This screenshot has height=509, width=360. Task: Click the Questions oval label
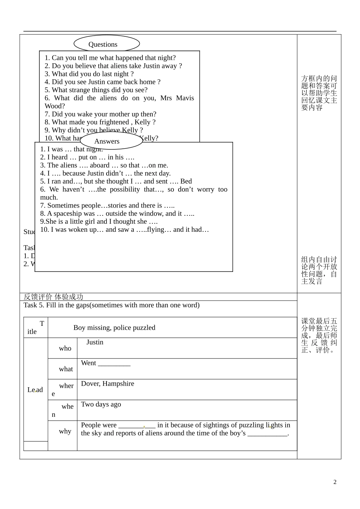click(103, 44)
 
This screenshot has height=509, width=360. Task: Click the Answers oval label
click(107, 141)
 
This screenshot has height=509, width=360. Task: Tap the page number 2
click(335, 482)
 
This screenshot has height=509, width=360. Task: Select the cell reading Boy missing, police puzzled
click(114, 328)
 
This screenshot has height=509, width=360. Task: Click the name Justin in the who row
click(95, 342)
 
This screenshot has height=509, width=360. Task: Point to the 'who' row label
click(65, 348)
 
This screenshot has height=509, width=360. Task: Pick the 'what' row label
click(66, 369)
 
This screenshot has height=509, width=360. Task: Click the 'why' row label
click(65, 431)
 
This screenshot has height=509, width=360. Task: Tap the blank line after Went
click(114, 364)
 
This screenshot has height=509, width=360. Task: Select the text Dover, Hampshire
click(108, 384)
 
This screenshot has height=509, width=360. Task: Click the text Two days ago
click(101, 404)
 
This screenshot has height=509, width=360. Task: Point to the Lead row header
click(35, 390)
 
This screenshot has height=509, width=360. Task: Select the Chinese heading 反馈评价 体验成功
click(53, 297)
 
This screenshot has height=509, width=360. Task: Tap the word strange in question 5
click(79, 90)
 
